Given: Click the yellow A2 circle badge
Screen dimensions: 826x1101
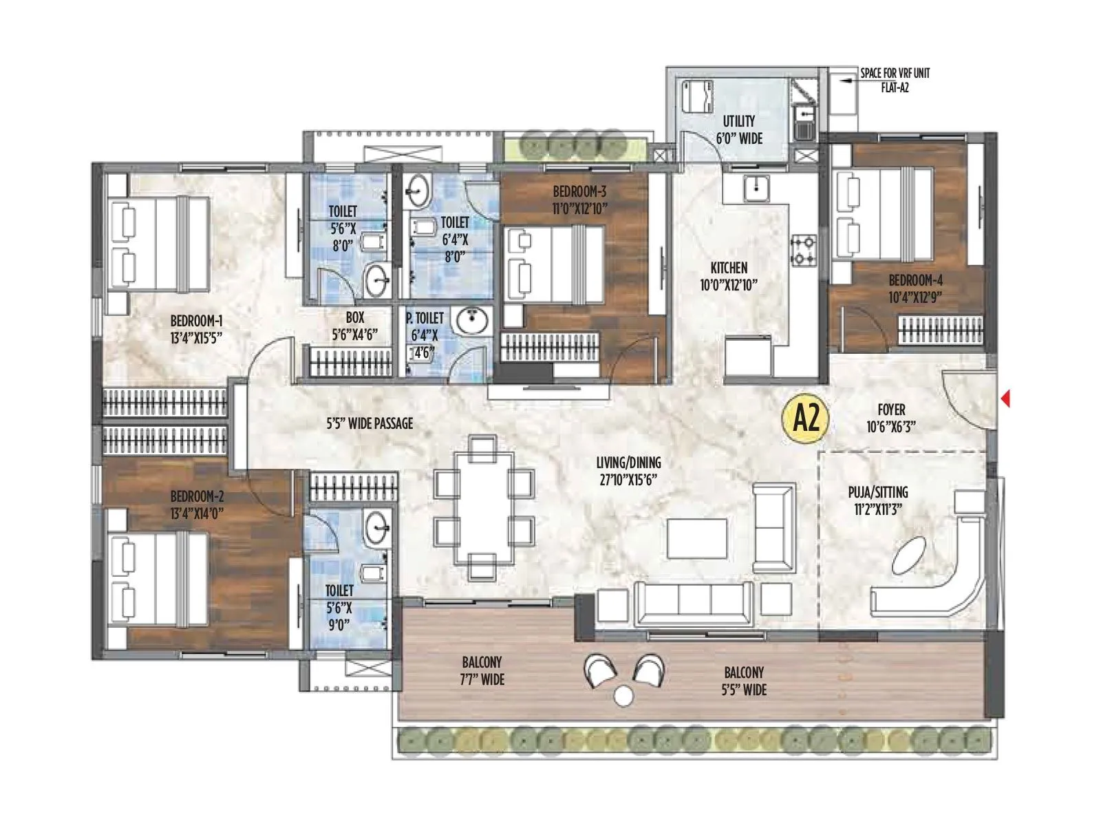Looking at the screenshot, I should click(806, 418).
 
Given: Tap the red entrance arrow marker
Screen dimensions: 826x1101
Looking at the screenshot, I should click(1005, 399).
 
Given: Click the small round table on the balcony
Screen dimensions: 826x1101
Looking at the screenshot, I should click(623, 696).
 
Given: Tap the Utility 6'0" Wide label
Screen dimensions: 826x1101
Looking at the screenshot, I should click(739, 129).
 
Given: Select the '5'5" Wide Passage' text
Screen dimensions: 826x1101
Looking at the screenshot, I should click(370, 423).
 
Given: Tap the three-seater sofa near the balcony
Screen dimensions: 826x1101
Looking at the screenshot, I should click(694, 600).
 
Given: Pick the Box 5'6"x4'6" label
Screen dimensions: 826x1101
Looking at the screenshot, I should click(355, 326).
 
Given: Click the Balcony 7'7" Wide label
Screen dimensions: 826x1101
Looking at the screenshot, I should click(482, 671).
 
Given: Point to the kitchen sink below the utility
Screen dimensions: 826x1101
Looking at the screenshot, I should click(756, 186).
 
